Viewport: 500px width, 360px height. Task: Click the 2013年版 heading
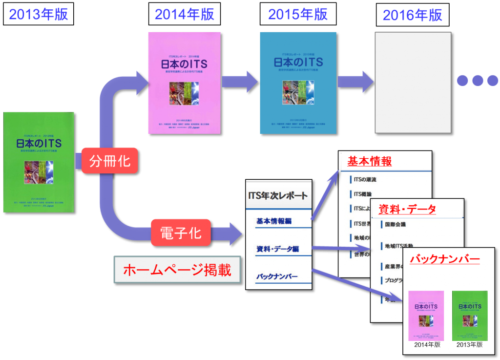pyautogui.click(x=39, y=15)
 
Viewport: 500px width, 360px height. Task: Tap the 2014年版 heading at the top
pyautogui.click(x=184, y=15)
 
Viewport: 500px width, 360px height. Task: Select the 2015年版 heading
pyautogui.click(x=298, y=15)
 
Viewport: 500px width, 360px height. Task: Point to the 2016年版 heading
pyautogui.click(x=413, y=15)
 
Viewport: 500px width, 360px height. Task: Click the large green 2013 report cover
pyautogui.click(x=39, y=162)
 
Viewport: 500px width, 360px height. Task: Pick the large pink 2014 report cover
pyautogui.click(x=184, y=83)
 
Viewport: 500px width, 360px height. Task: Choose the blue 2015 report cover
pyautogui.click(x=298, y=83)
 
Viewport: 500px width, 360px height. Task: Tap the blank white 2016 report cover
pyautogui.click(x=413, y=83)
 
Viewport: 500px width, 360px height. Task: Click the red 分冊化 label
pyautogui.click(x=110, y=160)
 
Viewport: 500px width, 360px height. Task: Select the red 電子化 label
pyautogui.click(x=181, y=233)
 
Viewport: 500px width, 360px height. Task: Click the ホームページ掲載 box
pyautogui.click(x=177, y=270)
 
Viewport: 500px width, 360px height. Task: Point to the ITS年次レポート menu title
pyautogui.click(x=278, y=196)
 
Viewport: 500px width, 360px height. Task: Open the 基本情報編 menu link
pyautogui.click(x=273, y=221)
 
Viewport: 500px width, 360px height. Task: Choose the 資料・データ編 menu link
pyautogui.click(x=277, y=249)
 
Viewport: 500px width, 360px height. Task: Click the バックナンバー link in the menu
pyautogui.click(x=277, y=277)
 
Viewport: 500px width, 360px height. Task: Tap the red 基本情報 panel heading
pyautogui.click(x=370, y=161)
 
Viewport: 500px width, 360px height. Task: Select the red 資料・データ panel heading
pyautogui.click(x=407, y=210)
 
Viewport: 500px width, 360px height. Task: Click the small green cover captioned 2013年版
pyautogui.click(x=470, y=315)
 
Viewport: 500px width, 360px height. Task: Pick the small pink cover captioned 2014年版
pyautogui.click(x=426, y=315)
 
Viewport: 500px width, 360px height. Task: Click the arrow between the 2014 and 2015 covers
pyautogui.click(x=239, y=81)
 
